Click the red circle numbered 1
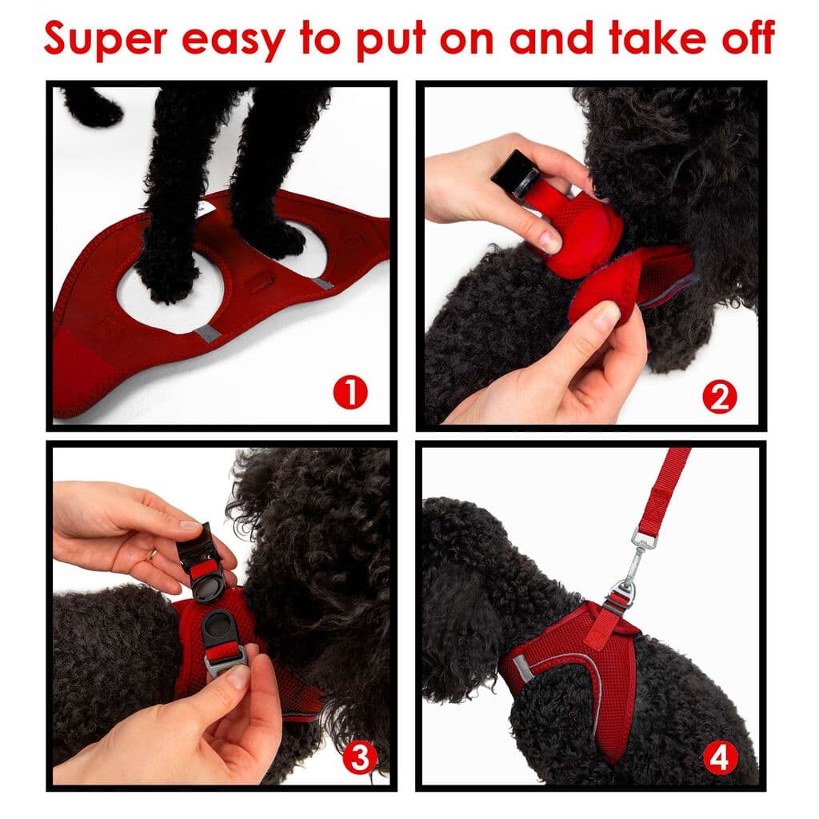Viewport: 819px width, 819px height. point(350,393)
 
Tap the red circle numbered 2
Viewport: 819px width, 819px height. point(719,398)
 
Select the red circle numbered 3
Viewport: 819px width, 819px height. point(360,757)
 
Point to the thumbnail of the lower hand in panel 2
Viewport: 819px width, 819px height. point(605,318)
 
